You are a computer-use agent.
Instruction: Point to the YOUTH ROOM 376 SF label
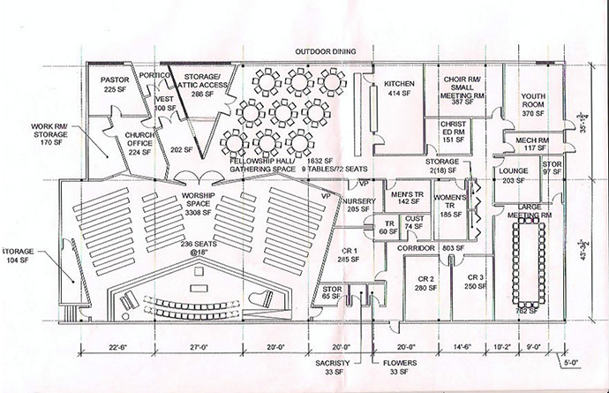coord(534,105)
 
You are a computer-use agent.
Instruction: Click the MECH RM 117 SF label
coord(531,144)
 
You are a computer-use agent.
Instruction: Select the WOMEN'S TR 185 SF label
coord(451,201)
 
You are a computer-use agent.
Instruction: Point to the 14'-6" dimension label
coord(464,346)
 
